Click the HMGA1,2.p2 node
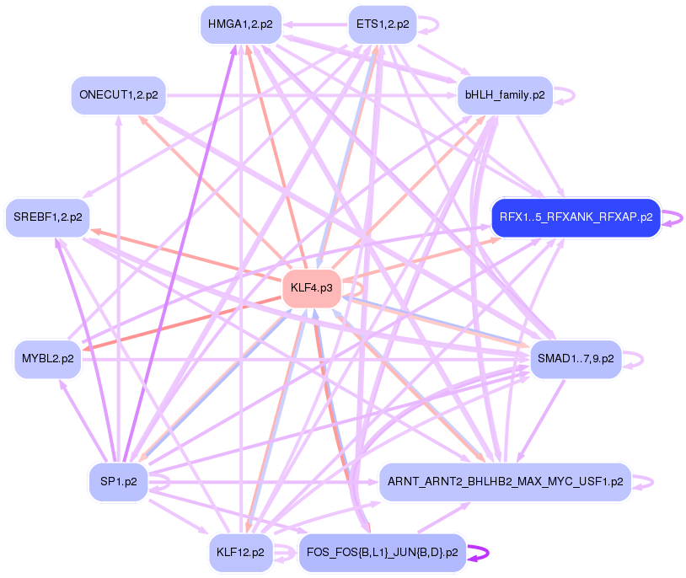tap(240, 24)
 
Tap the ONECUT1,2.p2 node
tap(118, 95)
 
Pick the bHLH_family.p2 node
tap(504, 95)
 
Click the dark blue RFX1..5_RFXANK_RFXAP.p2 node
tap(576, 217)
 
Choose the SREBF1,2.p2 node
tap(47, 217)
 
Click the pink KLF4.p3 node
tap(311, 288)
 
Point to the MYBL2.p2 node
tap(48, 359)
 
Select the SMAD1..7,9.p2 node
tap(576, 359)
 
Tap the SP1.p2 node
tap(119, 481)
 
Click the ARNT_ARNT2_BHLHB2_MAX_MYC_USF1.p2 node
tap(505, 481)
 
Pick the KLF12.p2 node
tap(240, 553)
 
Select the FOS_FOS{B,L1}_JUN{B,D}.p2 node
tap(383, 553)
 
